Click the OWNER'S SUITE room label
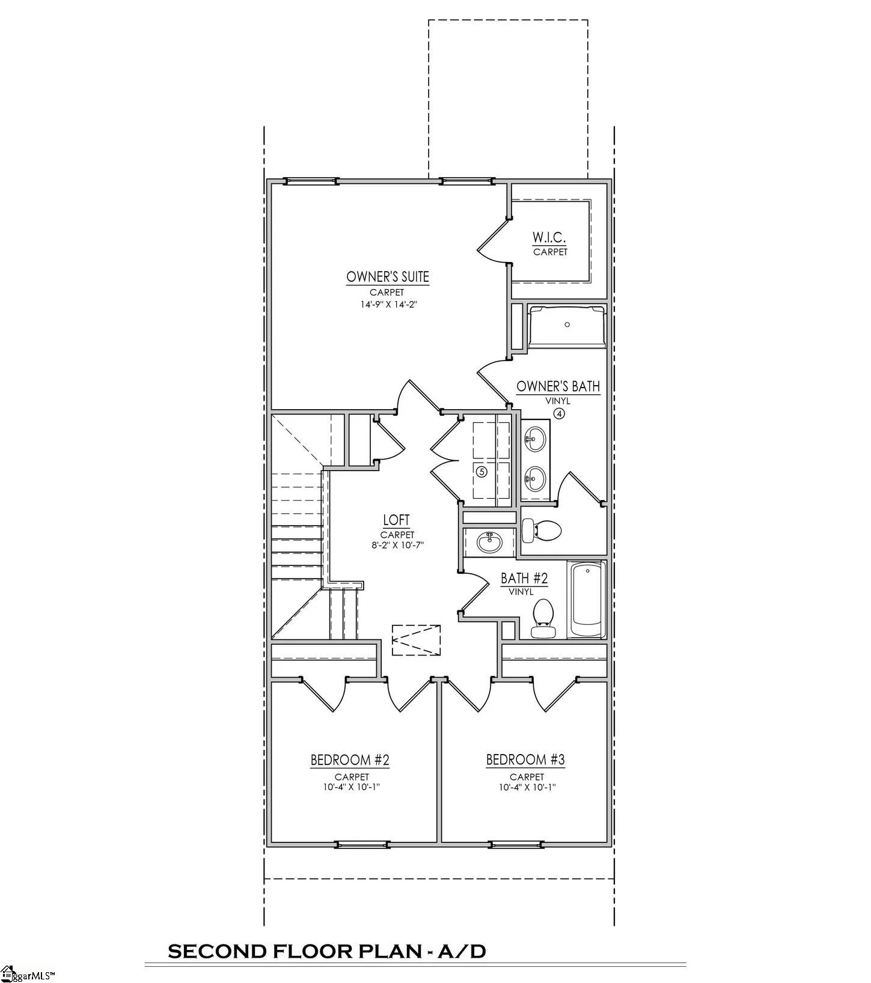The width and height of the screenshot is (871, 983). point(388,277)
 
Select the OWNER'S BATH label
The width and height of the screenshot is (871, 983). point(558,386)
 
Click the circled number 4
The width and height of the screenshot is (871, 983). point(559,413)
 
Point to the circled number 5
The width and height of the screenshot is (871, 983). point(481,472)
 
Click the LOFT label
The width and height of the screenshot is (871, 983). point(396,520)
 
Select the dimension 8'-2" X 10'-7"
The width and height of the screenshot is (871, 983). point(397,546)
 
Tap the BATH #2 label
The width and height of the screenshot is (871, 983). point(524,578)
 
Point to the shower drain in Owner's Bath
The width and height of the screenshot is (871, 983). point(567,324)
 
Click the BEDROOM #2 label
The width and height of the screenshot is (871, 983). point(350,760)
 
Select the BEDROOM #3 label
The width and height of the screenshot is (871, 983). point(525,760)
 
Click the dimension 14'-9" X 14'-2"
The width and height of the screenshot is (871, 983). point(388,305)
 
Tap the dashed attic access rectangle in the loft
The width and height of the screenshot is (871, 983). point(416,640)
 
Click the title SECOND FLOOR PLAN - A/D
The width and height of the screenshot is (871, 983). point(326,951)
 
